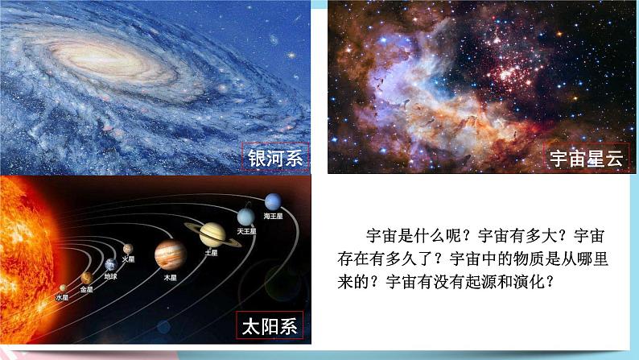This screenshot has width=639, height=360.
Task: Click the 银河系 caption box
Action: [x=275, y=159]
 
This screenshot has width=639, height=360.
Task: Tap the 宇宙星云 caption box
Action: [x=587, y=159]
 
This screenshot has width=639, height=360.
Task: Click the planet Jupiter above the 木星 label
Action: [x=171, y=254]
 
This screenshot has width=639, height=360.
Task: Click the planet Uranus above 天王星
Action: [x=245, y=217]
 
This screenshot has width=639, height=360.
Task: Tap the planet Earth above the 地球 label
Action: [x=110, y=265]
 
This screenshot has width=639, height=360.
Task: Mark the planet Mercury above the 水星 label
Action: [x=62, y=288]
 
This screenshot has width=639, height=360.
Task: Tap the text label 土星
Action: [x=211, y=252]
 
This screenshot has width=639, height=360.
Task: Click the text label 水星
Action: [x=62, y=297]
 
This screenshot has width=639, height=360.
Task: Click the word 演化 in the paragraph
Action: [x=535, y=282]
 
